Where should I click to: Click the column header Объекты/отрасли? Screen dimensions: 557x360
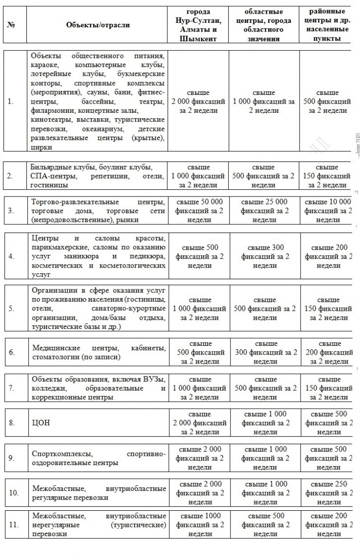click(x=98, y=25)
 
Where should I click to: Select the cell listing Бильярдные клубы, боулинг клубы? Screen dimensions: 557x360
click(x=98, y=176)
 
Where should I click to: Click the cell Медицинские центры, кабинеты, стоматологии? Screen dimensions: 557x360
click(x=98, y=353)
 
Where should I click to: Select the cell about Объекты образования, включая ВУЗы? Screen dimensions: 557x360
click(x=98, y=388)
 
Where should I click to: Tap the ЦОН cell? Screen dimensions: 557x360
click(x=98, y=423)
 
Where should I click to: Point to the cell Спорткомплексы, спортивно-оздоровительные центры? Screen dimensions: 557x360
click(x=98, y=458)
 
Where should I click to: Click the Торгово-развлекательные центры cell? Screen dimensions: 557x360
click(x=98, y=211)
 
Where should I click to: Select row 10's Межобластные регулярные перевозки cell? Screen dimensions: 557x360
click(x=98, y=493)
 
